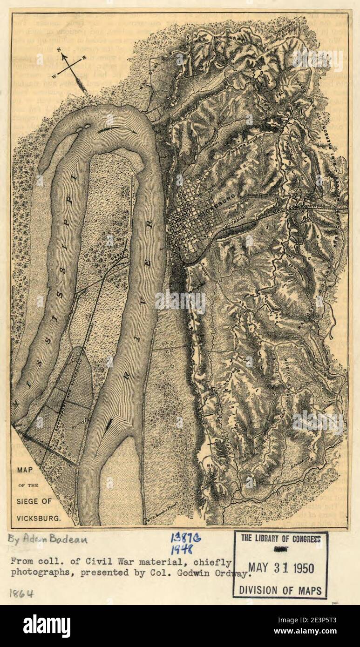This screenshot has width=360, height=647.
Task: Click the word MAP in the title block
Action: (x=25, y=470)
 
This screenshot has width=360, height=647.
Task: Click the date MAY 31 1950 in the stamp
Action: (x=281, y=568)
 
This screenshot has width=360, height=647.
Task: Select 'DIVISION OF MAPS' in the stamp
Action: (x=280, y=591)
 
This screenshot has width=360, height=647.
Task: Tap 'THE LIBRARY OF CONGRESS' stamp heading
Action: (x=281, y=539)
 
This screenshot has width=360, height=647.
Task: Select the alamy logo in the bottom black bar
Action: (x=47, y=626)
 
